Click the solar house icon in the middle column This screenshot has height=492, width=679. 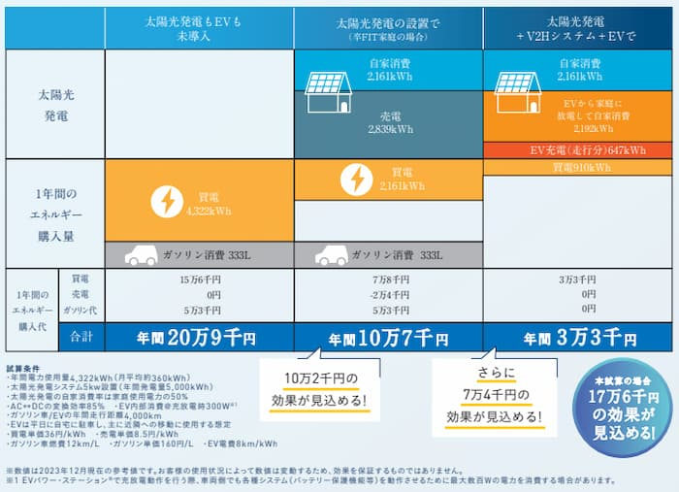click(328, 88)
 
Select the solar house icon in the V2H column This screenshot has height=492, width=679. click(517, 88)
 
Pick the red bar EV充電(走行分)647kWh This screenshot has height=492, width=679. click(578, 150)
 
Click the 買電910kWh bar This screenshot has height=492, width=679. click(578, 168)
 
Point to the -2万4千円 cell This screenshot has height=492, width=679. click(388, 294)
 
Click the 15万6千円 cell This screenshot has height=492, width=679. click(199, 279)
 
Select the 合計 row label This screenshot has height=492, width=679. click(81, 338)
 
